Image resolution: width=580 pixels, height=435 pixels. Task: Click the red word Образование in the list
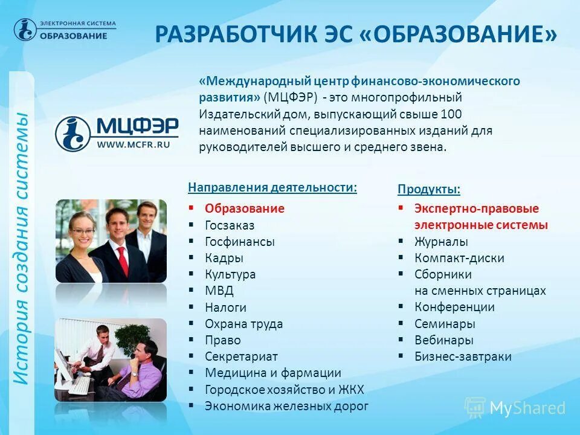pos(244,209)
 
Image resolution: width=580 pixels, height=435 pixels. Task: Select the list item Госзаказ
pos(230,225)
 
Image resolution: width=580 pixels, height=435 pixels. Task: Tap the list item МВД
pos(219,291)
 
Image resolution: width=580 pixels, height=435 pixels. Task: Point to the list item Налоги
pos(225,308)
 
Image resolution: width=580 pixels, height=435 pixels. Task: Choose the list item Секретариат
pos(241,356)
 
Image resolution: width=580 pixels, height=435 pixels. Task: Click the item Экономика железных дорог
pos(286,406)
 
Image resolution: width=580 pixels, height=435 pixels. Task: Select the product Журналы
pos(441,242)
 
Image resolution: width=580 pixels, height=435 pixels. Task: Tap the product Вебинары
pos(443,340)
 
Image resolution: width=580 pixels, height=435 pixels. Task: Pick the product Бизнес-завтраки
pos(463,356)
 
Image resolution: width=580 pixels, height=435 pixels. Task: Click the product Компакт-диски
pos(459,258)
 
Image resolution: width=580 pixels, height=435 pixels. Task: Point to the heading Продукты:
pos(429,190)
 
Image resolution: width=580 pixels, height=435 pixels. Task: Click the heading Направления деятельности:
pos(272,188)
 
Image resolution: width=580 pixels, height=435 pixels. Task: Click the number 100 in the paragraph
pos(452,114)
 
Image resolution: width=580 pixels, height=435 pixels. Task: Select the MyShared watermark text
pos(527,408)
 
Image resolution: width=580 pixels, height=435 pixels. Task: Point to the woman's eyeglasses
pos(82,231)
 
